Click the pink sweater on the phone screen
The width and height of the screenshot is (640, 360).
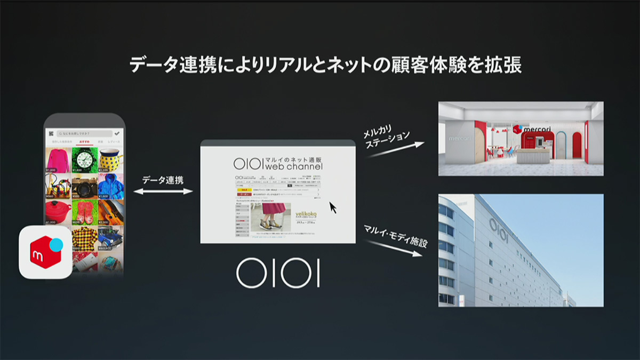click(x=58, y=159)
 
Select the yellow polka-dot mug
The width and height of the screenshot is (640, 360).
click(x=110, y=159)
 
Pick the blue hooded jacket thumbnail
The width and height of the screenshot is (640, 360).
click(x=110, y=186)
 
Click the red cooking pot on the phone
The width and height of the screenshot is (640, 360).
click(x=58, y=212)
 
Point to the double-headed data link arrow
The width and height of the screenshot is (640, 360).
click(x=163, y=191)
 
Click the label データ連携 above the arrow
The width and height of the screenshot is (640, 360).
click(x=163, y=180)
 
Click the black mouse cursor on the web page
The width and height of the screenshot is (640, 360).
click(x=333, y=207)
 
